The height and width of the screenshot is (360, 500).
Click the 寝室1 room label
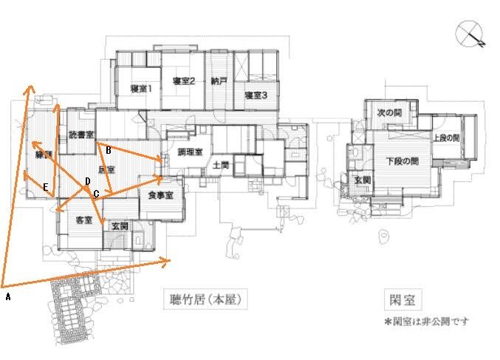coord(140,89)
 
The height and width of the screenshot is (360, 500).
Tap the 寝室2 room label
coord(183,81)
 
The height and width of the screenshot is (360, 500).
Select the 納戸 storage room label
coord(218,81)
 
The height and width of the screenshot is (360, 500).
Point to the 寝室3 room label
coord(256,95)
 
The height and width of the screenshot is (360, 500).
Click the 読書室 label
coord(81,135)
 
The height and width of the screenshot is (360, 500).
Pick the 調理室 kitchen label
coord(190,152)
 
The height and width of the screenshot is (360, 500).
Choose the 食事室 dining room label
coord(160,195)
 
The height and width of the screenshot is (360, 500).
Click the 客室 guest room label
coord(83,220)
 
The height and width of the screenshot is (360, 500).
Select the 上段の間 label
coord(446,138)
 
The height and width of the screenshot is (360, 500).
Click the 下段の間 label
coord(403,160)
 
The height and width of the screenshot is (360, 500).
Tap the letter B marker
coord(109,150)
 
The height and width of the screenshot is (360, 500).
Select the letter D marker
coord(87,180)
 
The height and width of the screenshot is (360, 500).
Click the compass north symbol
coord(471,35)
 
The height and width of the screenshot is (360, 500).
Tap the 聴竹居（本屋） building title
coord(203,301)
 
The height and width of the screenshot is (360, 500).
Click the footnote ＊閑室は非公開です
coord(426,322)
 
